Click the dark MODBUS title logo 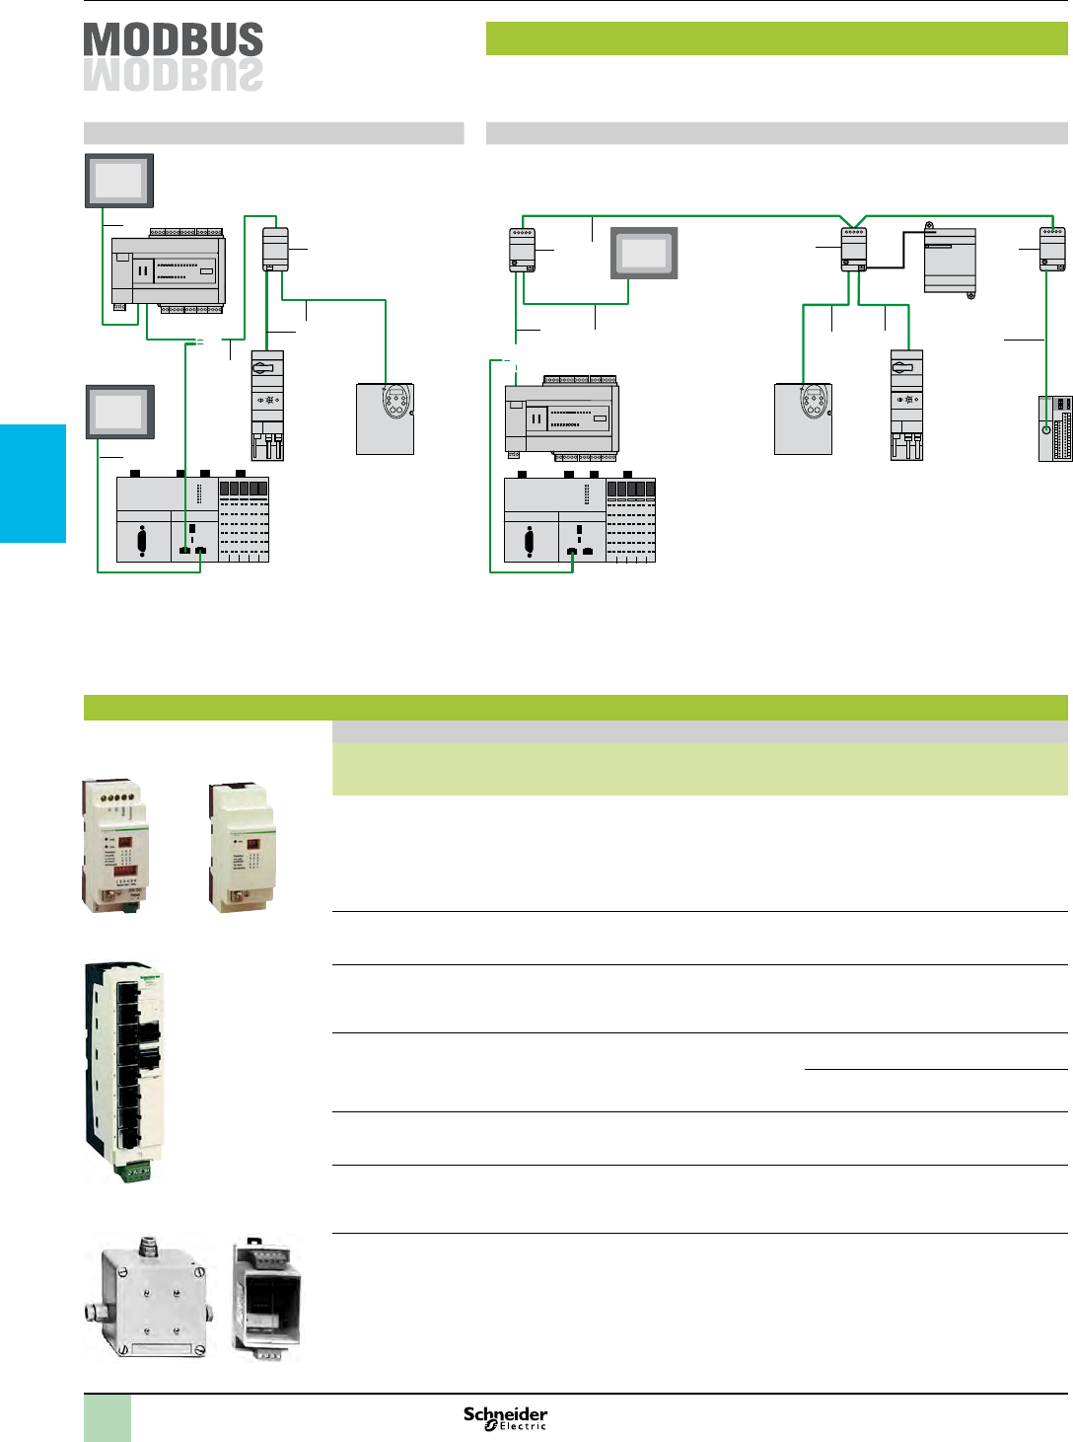click(x=174, y=39)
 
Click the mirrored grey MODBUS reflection click(x=174, y=76)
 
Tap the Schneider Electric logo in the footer click(x=505, y=1418)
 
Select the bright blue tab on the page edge click(x=33, y=483)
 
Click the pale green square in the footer click(x=107, y=1418)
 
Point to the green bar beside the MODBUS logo click(x=776, y=38)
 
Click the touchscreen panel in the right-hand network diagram click(x=644, y=253)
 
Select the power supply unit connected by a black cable click(x=950, y=261)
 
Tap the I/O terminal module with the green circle click(x=1054, y=428)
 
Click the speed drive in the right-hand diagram click(x=803, y=418)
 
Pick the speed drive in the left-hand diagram click(x=385, y=418)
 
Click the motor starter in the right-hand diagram click(x=906, y=406)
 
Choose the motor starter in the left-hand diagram click(x=267, y=406)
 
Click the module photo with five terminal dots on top click(x=114, y=846)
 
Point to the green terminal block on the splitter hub click(x=134, y=1173)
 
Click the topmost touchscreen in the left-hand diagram click(x=118, y=180)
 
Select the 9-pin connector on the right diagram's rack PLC click(x=531, y=541)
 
